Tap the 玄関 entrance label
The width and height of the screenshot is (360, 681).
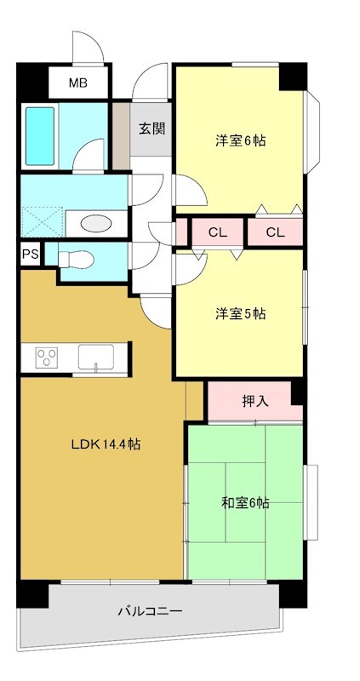tap(152, 129)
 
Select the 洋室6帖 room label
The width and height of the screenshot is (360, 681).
tap(239, 140)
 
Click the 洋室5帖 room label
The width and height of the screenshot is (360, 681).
tap(239, 313)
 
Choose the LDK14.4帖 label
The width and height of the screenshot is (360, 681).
tap(105, 444)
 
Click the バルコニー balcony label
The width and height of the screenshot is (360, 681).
tap(149, 611)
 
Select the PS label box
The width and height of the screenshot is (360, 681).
tap(30, 254)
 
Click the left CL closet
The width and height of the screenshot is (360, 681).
tap(217, 232)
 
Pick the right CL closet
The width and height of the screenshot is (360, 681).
tap(274, 232)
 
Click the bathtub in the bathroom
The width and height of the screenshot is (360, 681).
tap(40, 135)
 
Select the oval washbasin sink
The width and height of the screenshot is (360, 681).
tap(94, 223)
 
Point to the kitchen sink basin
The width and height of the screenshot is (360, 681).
tap(99, 358)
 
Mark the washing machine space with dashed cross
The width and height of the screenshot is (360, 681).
tap(41, 220)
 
